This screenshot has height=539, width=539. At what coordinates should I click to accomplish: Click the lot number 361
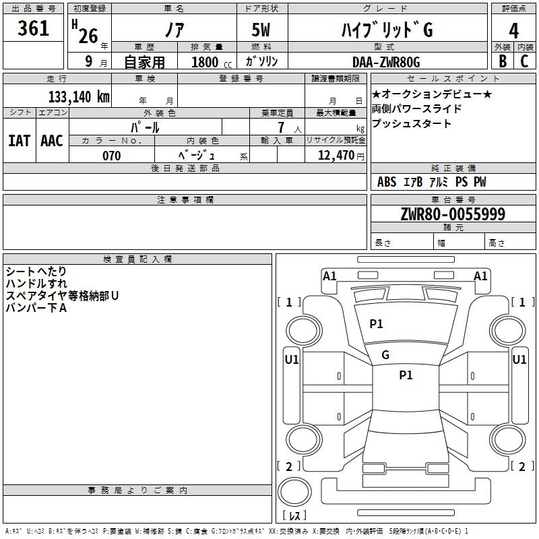(x=33, y=28)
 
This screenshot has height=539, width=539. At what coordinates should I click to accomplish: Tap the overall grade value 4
(x=513, y=31)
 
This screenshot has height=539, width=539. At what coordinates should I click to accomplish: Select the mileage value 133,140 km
(x=79, y=96)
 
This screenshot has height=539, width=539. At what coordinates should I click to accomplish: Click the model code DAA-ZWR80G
(x=386, y=62)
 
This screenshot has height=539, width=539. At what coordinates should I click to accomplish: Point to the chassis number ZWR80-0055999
(x=453, y=214)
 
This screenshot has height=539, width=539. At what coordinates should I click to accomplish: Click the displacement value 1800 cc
(x=212, y=62)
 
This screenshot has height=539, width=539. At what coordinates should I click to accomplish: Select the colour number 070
(x=112, y=156)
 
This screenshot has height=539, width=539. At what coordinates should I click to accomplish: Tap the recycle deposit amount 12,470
(x=336, y=155)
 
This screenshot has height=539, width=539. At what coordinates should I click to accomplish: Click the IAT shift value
(x=19, y=141)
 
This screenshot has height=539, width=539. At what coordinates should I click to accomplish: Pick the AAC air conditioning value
(x=52, y=141)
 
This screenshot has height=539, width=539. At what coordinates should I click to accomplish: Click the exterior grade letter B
(x=503, y=61)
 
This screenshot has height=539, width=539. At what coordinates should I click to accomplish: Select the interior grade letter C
(x=524, y=61)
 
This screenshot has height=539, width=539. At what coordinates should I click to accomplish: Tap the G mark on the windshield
(x=385, y=355)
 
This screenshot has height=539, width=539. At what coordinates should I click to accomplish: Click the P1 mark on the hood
(x=376, y=323)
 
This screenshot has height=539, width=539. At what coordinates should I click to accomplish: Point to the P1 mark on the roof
(x=406, y=375)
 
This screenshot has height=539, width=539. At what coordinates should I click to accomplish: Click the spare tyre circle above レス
(x=294, y=491)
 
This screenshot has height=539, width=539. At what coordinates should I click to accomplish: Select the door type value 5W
(x=261, y=30)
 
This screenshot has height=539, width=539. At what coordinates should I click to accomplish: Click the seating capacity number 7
(x=281, y=127)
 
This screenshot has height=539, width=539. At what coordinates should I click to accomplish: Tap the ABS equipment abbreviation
(x=387, y=182)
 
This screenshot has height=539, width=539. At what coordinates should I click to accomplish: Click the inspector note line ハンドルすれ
(x=36, y=284)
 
